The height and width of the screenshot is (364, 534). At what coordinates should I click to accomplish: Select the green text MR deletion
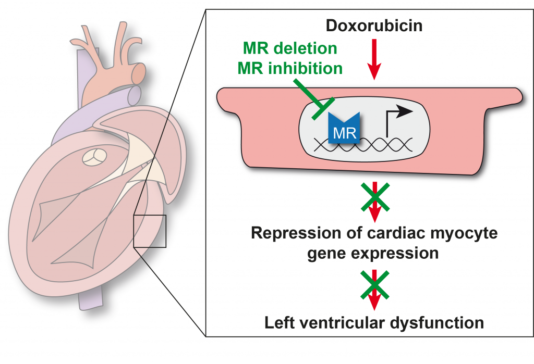coord(290,48)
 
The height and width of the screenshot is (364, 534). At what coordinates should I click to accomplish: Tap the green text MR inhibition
coord(293,68)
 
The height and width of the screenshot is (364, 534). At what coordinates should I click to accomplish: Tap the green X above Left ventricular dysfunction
coord(374,287)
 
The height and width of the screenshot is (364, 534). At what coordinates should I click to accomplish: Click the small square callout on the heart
coord(149,231)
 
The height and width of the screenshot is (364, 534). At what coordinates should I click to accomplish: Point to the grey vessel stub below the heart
coord(87,299)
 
